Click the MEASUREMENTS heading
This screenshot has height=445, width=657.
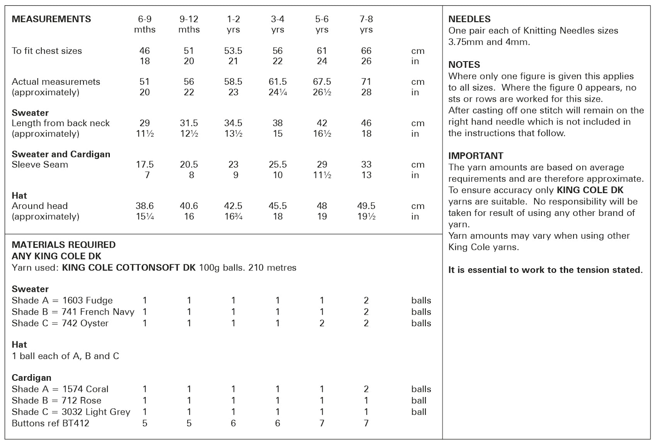point(51,19)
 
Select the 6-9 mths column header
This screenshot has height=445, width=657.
point(145,24)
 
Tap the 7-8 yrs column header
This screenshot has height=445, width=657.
point(366,24)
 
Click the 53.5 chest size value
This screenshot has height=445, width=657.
point(233,51)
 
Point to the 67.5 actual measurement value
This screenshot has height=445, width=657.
point(322,82)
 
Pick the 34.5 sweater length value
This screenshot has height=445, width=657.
point(233,123)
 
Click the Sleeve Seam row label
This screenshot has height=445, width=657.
point(40,164)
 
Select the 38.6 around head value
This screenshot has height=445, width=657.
point(145,206)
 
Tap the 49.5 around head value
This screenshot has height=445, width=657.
point(366,206)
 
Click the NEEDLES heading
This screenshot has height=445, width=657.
point(469,19)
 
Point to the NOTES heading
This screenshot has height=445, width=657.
point(464,65)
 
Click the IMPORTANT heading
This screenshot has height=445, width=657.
point(476,156)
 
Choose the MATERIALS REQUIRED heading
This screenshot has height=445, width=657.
point(64,245)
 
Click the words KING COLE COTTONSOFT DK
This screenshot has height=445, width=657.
point(129,267)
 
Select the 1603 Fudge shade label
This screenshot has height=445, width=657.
point(87,300)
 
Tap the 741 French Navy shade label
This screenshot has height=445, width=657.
point(98,311)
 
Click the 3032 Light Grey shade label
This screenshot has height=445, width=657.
point(96,412)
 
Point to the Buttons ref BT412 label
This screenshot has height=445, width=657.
point(51,423)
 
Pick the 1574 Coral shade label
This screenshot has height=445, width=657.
point(85,389)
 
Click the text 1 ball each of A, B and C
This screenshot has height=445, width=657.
point(65,356)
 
